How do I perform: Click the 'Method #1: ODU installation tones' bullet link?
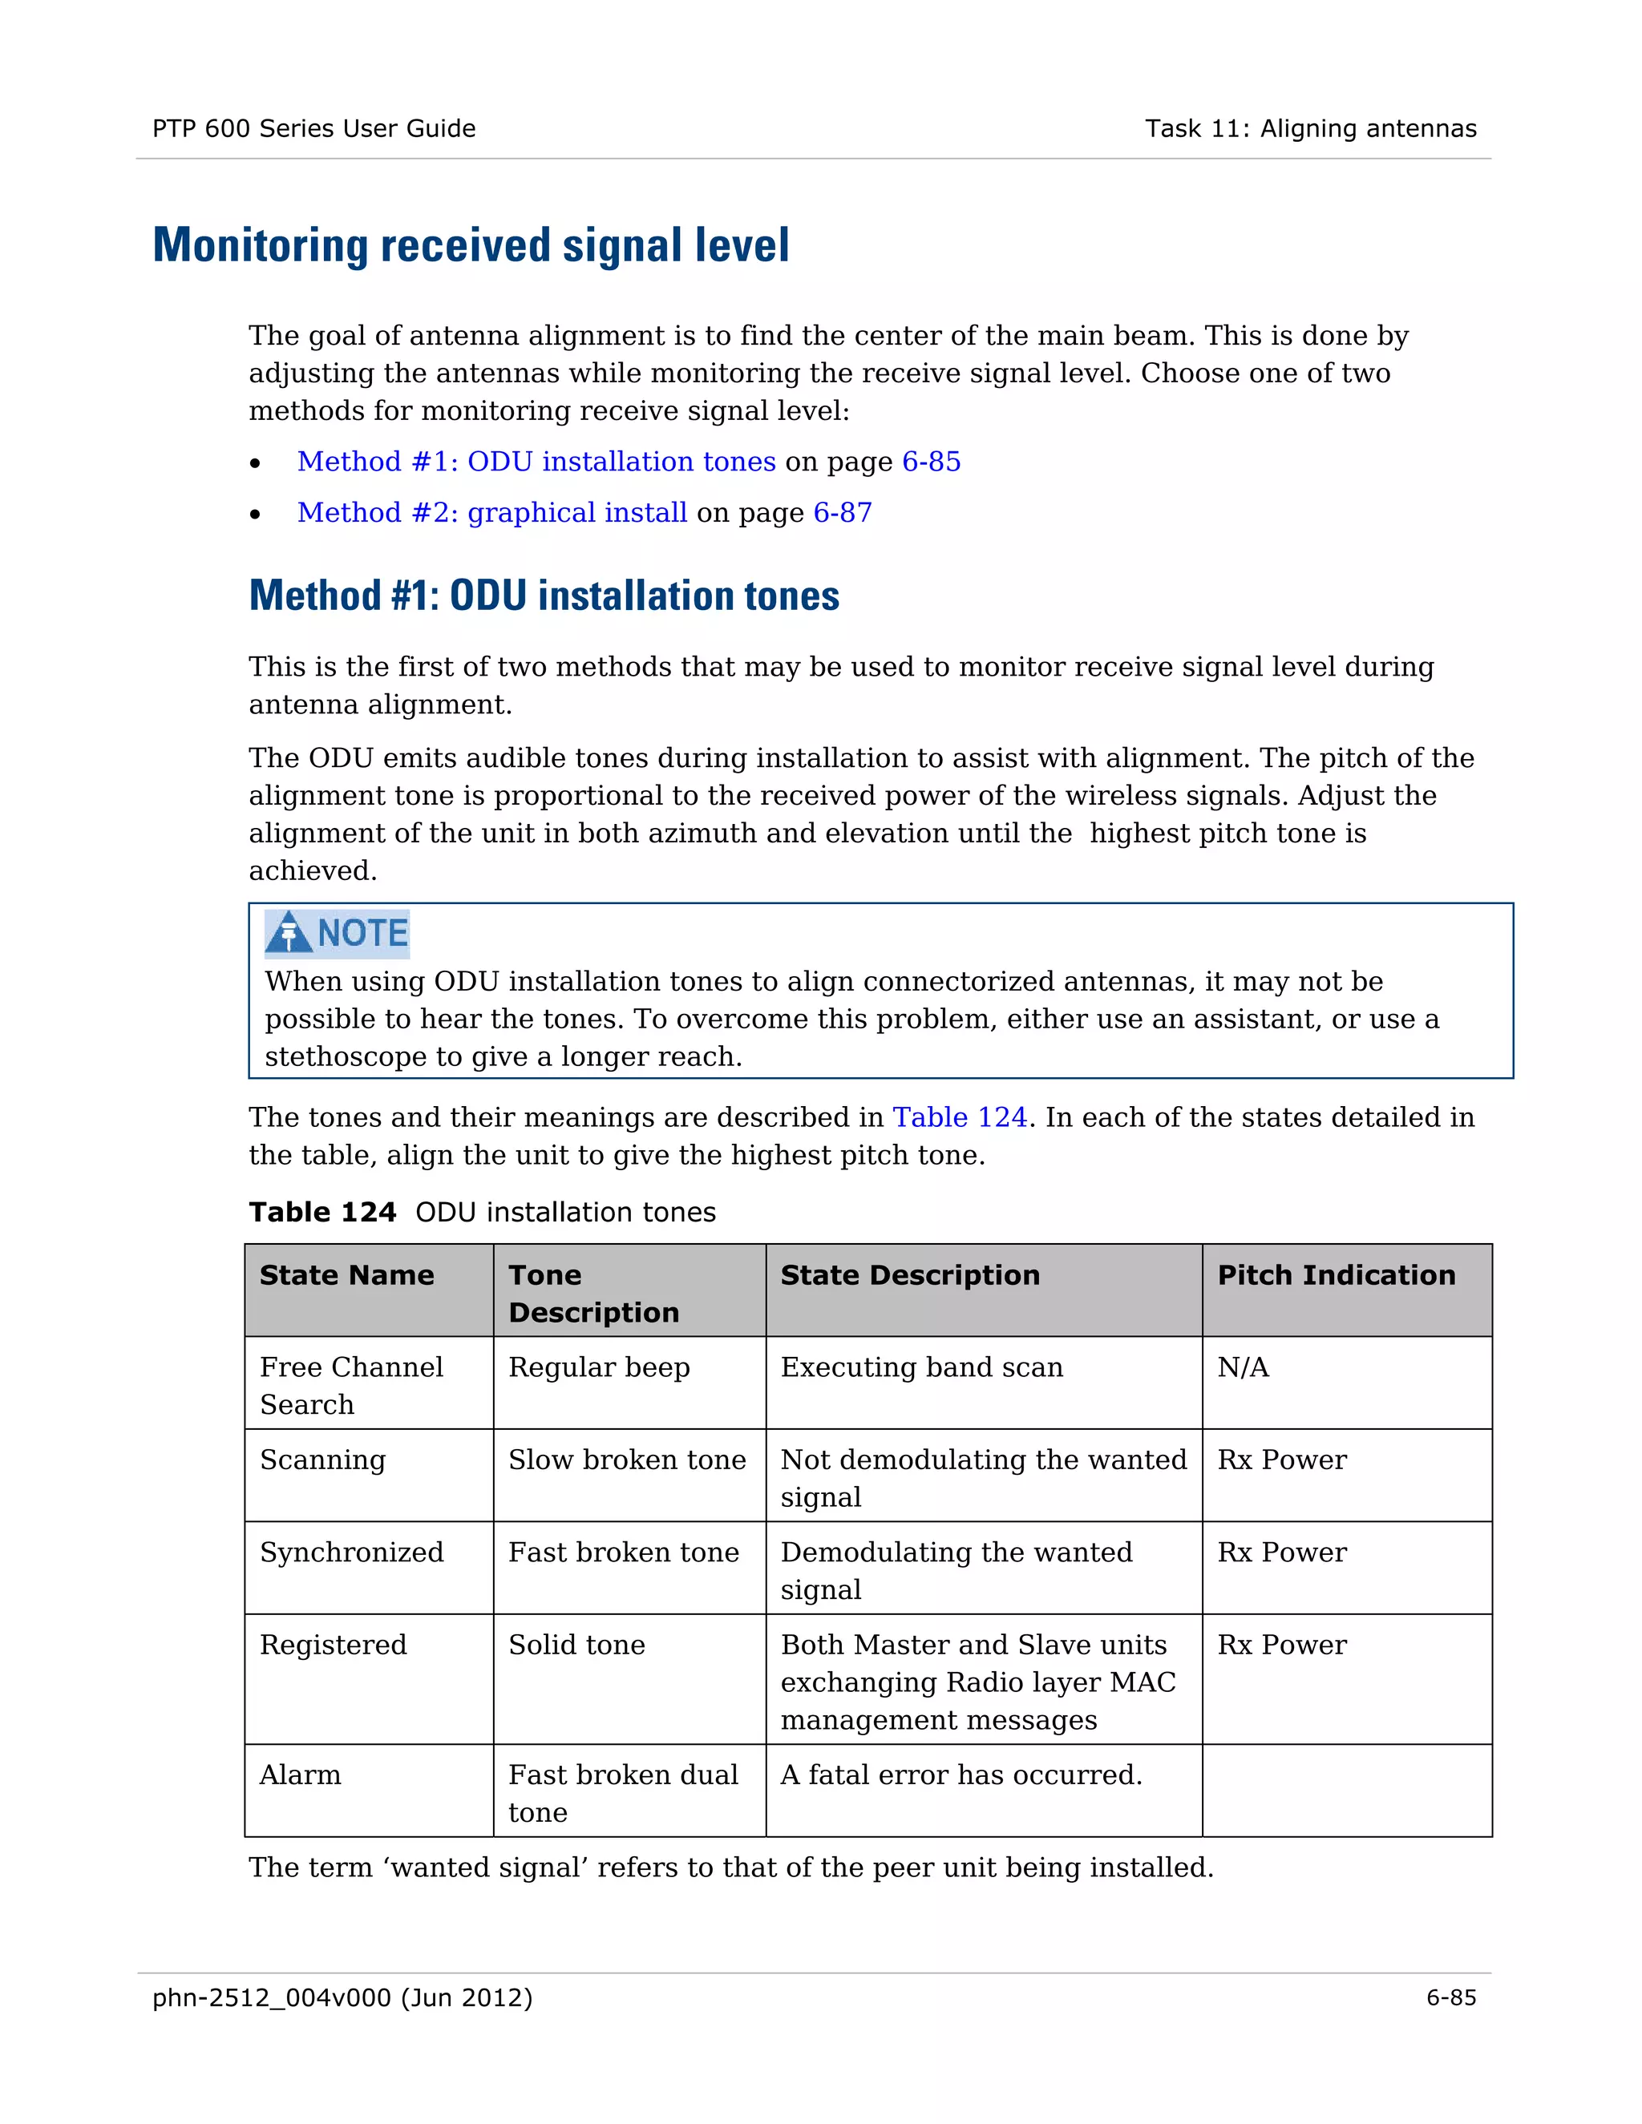(x=536, y=461)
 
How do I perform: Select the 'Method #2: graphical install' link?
(x=492, y=512)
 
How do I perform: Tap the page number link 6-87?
(x=843, y=512)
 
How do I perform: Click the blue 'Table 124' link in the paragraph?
(x=959, y=1117)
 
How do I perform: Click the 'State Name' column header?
(x=346, y=1275)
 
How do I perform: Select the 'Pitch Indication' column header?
(x=1336, y=1275)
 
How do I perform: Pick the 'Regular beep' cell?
(x=598, y=1367)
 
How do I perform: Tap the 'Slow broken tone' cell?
(x=626, y=1460)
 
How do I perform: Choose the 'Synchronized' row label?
(x=351, y=1553)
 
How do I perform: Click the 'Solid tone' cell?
(x=576, y=1645)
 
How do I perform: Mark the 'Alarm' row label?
(x=300, y=1775)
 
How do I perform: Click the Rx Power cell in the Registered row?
(x=1281, y=1645)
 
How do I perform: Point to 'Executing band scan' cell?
(x=921, y=1367)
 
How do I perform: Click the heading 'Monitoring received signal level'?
(x=471, y=245)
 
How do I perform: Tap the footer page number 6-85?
(x=1450, y=1997)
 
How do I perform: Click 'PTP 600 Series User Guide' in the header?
(x=313, y=128)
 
